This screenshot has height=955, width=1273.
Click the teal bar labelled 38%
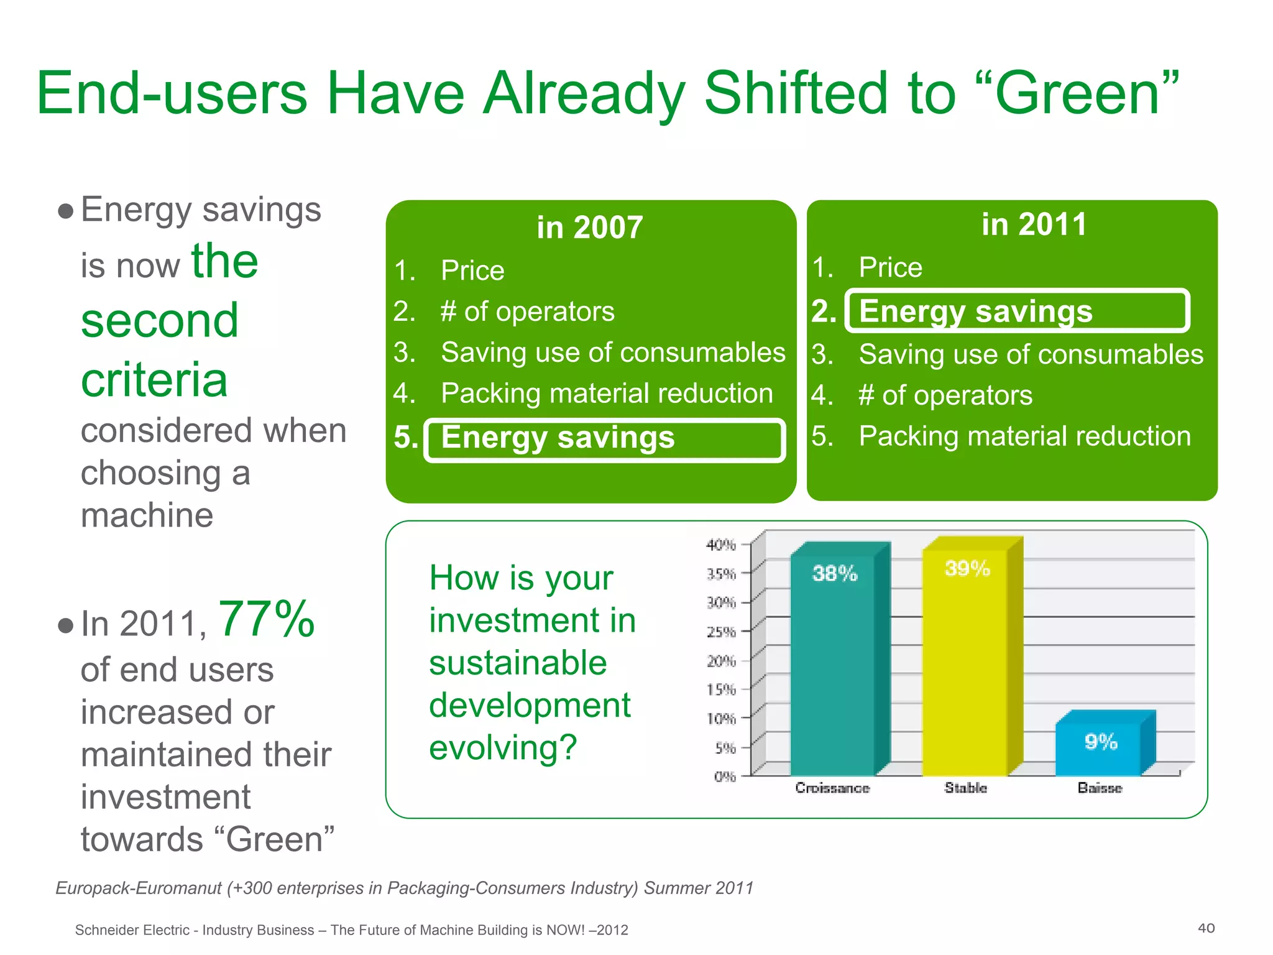tap(833, 665)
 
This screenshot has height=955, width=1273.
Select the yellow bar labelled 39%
tap(965, 665)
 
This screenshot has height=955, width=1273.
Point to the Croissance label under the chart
tap(832, 788)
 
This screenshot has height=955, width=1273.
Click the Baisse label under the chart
tap(1100, 788)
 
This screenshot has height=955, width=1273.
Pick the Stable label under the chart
tap(965, 788)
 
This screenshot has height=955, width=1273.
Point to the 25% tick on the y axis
tap(721, 632)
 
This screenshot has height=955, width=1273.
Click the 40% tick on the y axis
tap(721, 545)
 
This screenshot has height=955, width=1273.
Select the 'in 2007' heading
tap(589, 228)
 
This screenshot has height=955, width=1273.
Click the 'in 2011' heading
tap(1034, 224)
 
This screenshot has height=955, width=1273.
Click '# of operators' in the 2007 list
tap(527, 311)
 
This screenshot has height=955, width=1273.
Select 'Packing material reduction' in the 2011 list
tap(1024, 436)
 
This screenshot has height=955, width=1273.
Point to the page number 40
tap(1206, 928)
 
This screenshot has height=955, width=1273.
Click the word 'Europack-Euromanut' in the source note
tap(138, 888)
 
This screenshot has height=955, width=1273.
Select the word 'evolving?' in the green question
tap(503, 747)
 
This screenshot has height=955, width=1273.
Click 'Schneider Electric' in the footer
tap(132, 930)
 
